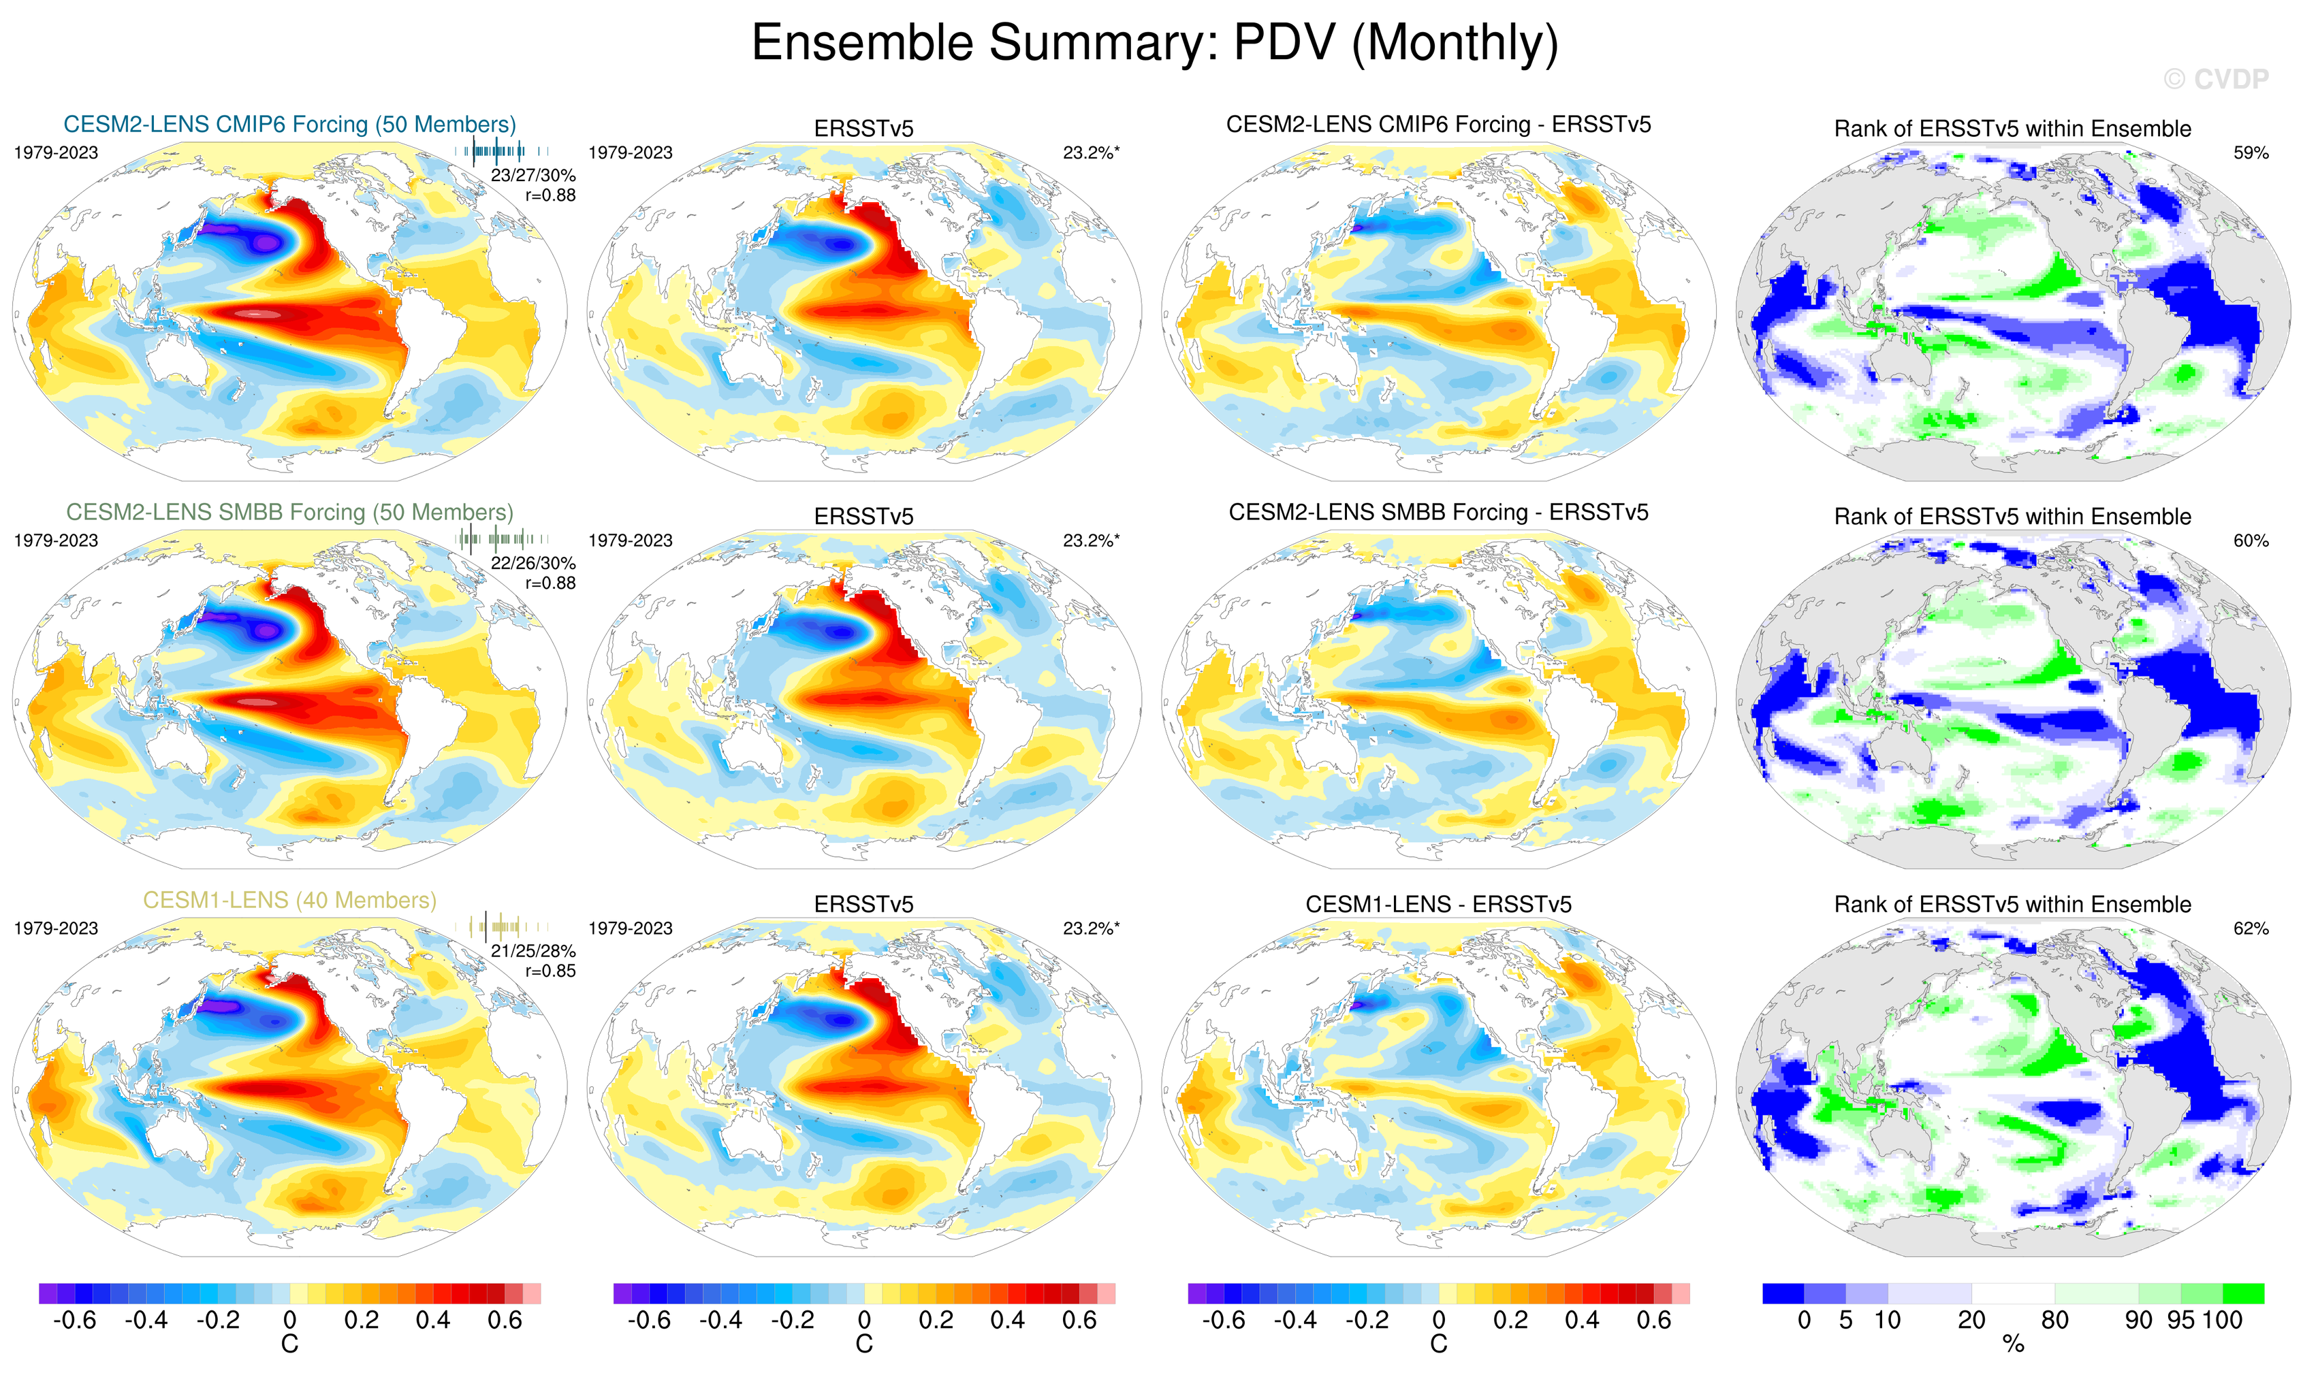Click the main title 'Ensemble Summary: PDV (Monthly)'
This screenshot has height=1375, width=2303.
pyautogui.click(x=1154, y=43)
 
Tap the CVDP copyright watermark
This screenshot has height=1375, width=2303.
pyautogui.click(x=2215, y=80)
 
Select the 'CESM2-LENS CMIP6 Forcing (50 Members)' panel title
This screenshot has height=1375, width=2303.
pyautogui.click(x=290, y=124)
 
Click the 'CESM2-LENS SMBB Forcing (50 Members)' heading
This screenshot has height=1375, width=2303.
pyautogui.click(x=290, y=513)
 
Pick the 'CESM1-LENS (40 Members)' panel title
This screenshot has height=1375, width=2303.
pyautogui.click(x=290, y=901)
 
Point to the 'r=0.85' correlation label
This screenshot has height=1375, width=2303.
pyautogui.click(x=550, y=971)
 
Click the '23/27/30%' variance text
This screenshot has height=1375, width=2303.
pyautogui.click(x=533, y=175)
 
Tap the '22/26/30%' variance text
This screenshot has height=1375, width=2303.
pyautogui.click(x=533, y=564)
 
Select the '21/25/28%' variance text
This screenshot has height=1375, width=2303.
pyautogui.click(x=533, y=952)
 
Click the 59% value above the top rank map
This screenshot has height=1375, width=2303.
pyautogui.click(x=2250, y=153)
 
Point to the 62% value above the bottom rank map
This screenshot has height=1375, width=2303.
pyautogui.click(x=2250, y=928)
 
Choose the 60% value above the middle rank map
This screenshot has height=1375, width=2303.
pyautogui.click(x=2250, y=541)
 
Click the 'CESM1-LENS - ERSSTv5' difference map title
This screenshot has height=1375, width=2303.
pyautogui.click(x=1438, y=905)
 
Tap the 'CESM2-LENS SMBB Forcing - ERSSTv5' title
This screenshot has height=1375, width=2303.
pyautogui.click(x=1438, y=513)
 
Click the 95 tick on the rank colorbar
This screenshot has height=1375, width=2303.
pyautogui.click(x=2180, y=1321)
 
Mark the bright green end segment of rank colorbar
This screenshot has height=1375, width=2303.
pyautogui.click(x=2243, y=1293)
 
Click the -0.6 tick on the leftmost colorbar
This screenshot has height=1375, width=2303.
pyautogui.click(x=75, y=1321)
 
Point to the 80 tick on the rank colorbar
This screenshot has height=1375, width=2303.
pyautogui.click(x=2054, y=1321)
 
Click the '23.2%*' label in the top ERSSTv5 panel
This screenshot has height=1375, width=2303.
pyautogui.click(x=1091, y=153)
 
